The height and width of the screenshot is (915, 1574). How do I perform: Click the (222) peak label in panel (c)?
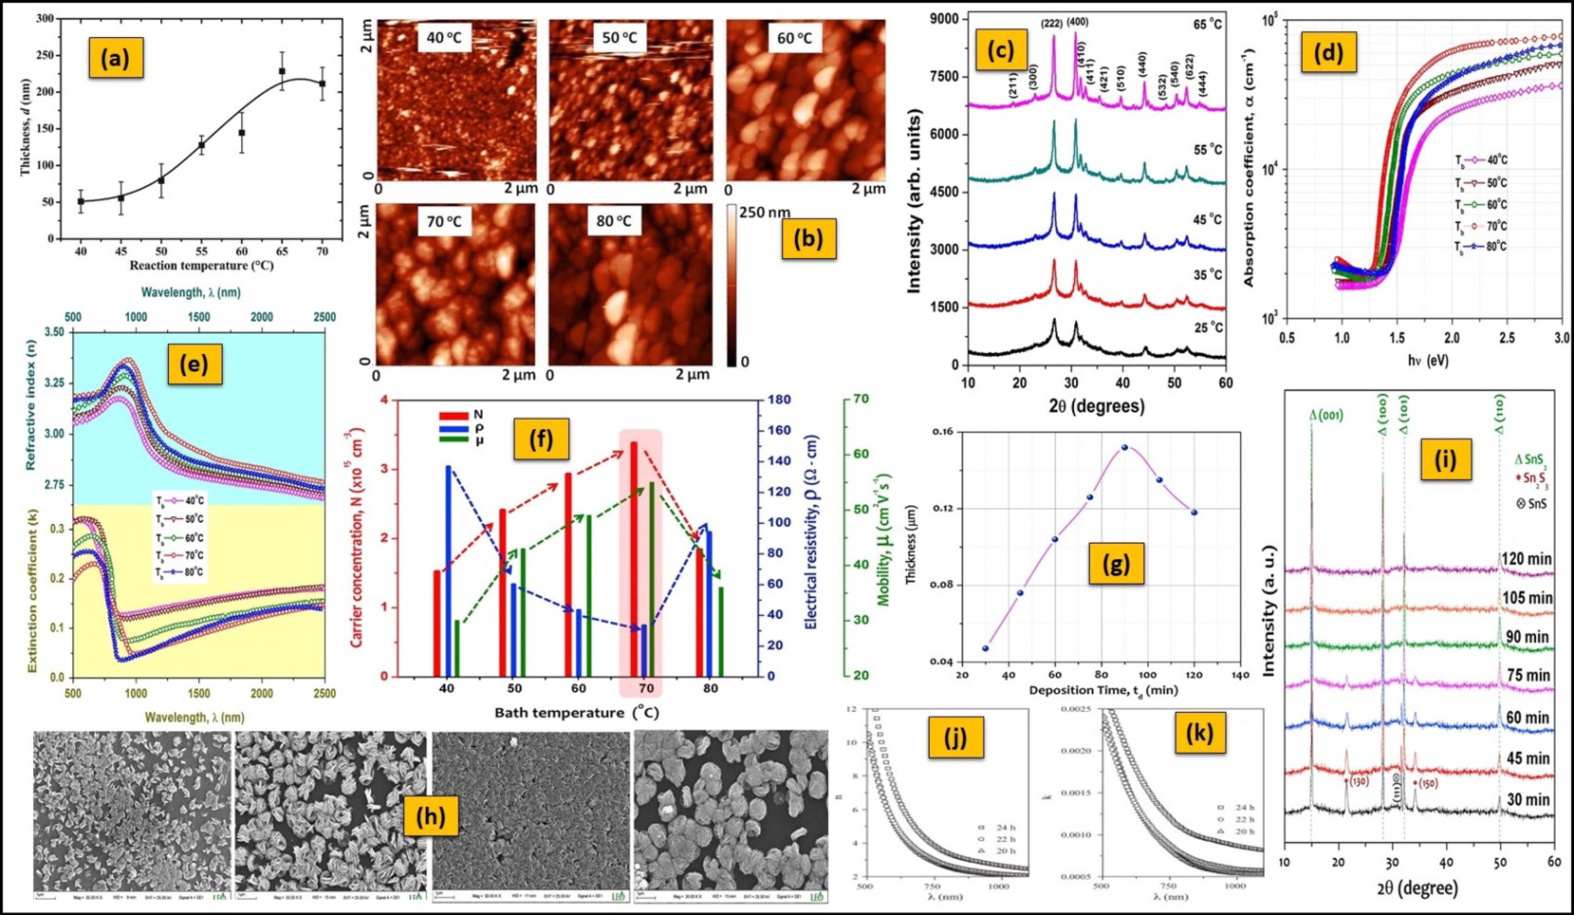tap(1052, 24)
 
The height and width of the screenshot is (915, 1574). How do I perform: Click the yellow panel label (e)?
tap(193, 366)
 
